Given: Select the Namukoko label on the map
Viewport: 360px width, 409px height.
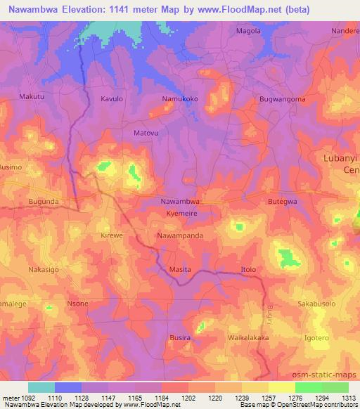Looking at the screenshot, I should pyautogui.click(x=181, y=99).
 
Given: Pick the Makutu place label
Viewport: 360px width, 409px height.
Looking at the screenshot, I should pyautogui.click(x=32, y=96).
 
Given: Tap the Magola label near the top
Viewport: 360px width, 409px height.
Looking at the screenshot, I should pyautogui.click(x=248, y=31).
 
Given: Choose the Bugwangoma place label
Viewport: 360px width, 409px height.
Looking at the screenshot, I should pyautogui.click(x=282, y=99).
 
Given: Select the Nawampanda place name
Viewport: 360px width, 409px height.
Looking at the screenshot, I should pyautogui.click(x=181, y=237).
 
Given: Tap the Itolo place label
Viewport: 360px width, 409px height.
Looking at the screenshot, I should pyautogui.click(x=249, y=269).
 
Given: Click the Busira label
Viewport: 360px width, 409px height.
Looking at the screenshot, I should pyautogui.click(x=181, y=337).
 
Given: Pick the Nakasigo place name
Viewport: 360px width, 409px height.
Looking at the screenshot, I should pyautogui.click(x=43, y=269).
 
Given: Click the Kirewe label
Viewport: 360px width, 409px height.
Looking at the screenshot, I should pyautogui.click(x=112, y=237).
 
